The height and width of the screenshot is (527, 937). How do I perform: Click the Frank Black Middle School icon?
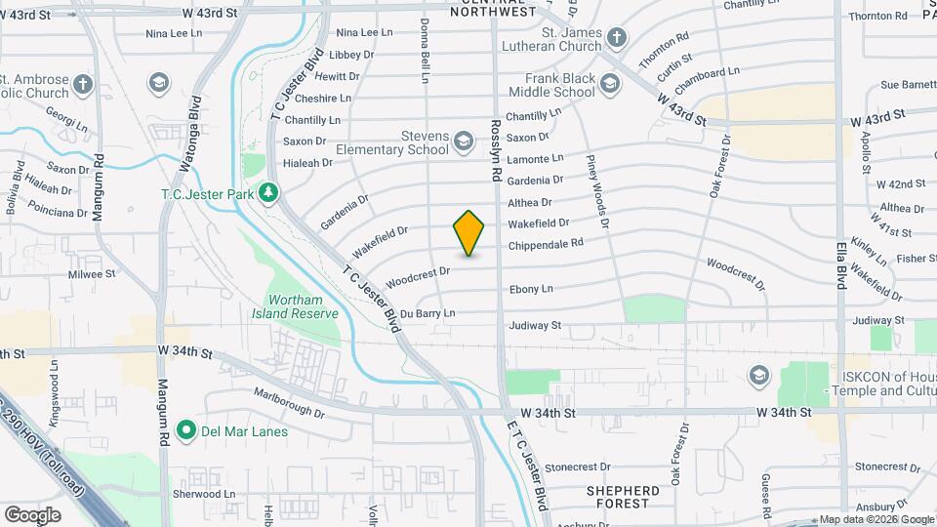coord(611,85)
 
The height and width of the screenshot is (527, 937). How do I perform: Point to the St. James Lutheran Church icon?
coord(616,38)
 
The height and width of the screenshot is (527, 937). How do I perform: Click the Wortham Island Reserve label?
coord(302,306)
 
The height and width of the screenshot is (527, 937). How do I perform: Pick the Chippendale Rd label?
coord(546,243)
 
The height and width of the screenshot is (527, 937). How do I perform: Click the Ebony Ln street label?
coord(531,289)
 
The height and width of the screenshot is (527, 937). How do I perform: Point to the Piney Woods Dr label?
coord(597,191)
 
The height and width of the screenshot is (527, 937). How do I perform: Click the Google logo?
coord(32,514)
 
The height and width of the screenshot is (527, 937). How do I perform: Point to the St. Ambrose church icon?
coord(84,84)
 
